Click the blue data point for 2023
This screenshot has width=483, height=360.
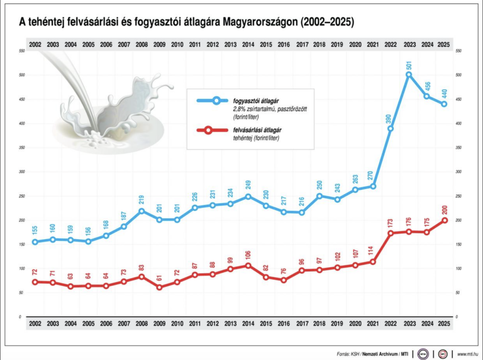(x=409, y=75)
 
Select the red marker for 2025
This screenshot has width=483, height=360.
(x=444, y=220)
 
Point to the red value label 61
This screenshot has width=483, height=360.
(x=159, y=277)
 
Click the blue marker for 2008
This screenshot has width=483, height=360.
(x=142, y=211)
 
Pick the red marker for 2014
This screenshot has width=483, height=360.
(x=248, y=266)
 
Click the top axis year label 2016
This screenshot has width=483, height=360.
(x=283, y=44)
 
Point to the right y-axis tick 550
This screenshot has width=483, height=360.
(x=457, y=50)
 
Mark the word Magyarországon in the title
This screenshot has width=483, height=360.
(x=260, y=22)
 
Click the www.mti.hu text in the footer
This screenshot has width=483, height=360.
(x=468, y=353)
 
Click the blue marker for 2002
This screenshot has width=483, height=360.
(x=35, y=242)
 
